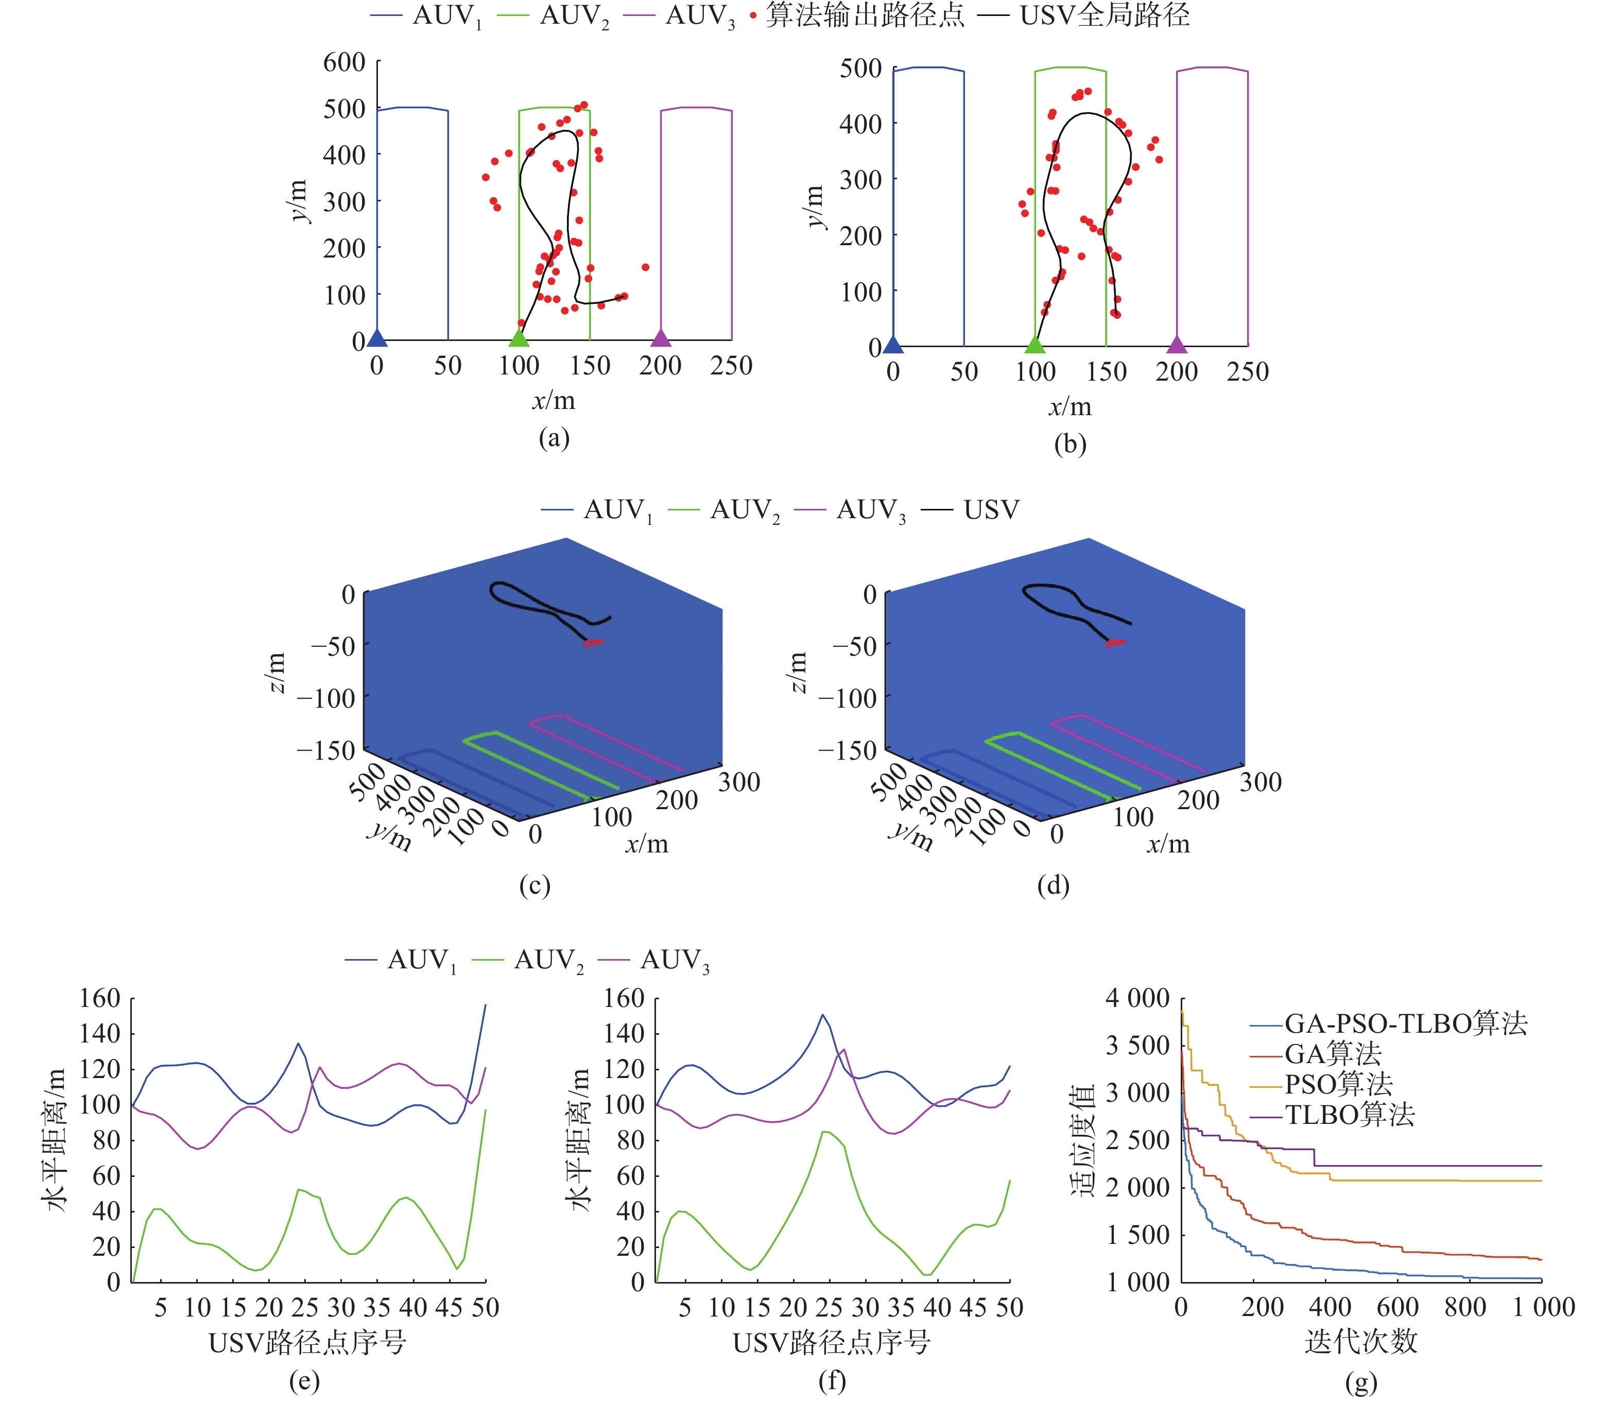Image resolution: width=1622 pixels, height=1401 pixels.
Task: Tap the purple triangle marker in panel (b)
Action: click(1177, 345)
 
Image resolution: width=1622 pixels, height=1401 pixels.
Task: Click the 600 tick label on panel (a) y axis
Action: click(344, 63)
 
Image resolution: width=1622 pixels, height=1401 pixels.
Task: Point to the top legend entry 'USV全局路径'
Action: click(1104, 15)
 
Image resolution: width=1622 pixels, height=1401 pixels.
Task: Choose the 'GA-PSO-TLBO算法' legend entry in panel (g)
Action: click(1405, 1023)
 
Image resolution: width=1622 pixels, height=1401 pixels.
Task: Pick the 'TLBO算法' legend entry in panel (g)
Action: click(1350, 1115)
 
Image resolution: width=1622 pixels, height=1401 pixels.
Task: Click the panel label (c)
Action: click(534, 886)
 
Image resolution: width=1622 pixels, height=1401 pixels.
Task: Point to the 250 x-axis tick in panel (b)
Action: click(1248, 372)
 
